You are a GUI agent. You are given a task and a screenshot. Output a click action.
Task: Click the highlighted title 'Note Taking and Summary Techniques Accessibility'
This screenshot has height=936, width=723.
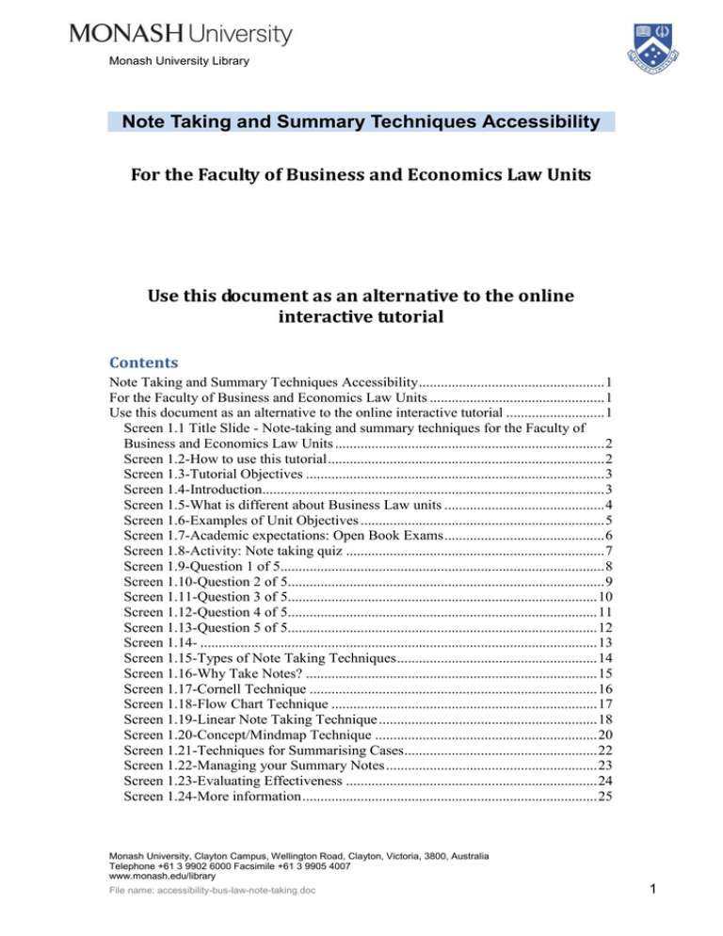(x=361, y=122)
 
